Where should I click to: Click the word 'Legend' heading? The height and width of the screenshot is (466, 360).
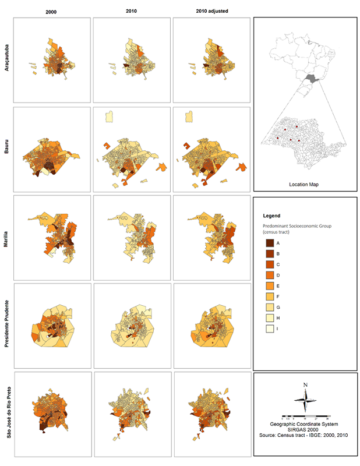click(x=273, y=216)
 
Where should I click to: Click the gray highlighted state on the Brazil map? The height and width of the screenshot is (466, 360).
click(x=313, y=78)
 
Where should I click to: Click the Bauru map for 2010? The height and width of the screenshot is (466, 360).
click(x=132, y=149)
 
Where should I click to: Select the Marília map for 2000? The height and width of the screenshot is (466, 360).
click(x=52, y=237)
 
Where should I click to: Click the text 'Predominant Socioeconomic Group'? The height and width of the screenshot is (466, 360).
click(x=297, y=228)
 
